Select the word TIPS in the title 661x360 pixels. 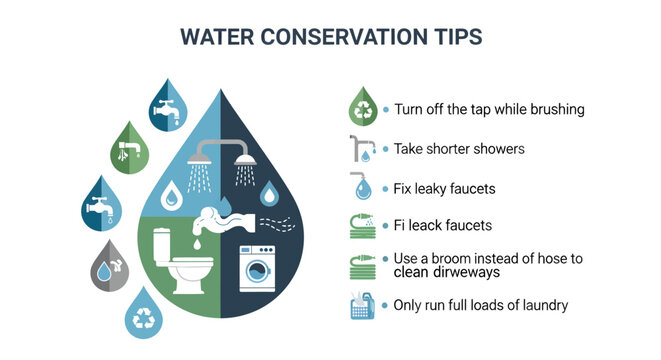click(x=450, y=37)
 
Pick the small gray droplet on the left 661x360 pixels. click(x=109, y=265)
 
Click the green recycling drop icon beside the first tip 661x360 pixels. click(x=362, y=107)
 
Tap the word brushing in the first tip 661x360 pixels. click(x=555, y=109)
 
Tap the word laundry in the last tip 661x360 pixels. click(x=543, y=304)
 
